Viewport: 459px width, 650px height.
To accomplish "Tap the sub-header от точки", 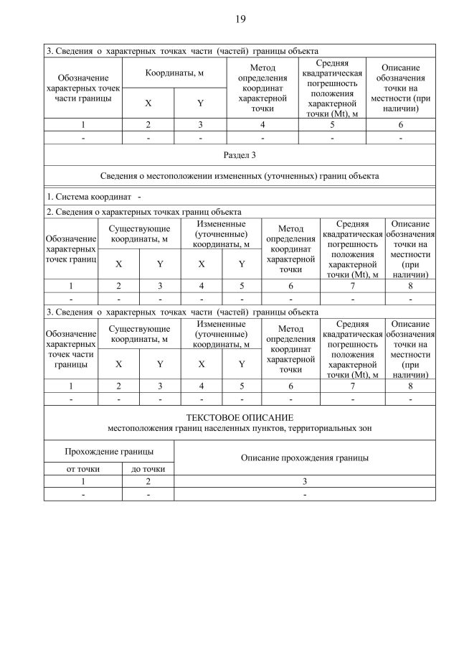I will pos(82,469).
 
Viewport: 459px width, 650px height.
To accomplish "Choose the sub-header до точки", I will pos(148,469).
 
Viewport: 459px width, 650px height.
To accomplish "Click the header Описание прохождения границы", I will pos(305,458).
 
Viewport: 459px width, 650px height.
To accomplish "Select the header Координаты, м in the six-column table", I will pos(174,73).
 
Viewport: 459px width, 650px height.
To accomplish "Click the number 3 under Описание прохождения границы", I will pos(305,481).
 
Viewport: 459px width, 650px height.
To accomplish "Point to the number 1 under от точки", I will pos(82,481).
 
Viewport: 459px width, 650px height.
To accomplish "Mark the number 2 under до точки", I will pos(148,481).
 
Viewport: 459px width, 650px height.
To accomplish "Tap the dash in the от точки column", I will pos(82,494).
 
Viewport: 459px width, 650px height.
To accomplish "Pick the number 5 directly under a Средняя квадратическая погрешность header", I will pos(332,124).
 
